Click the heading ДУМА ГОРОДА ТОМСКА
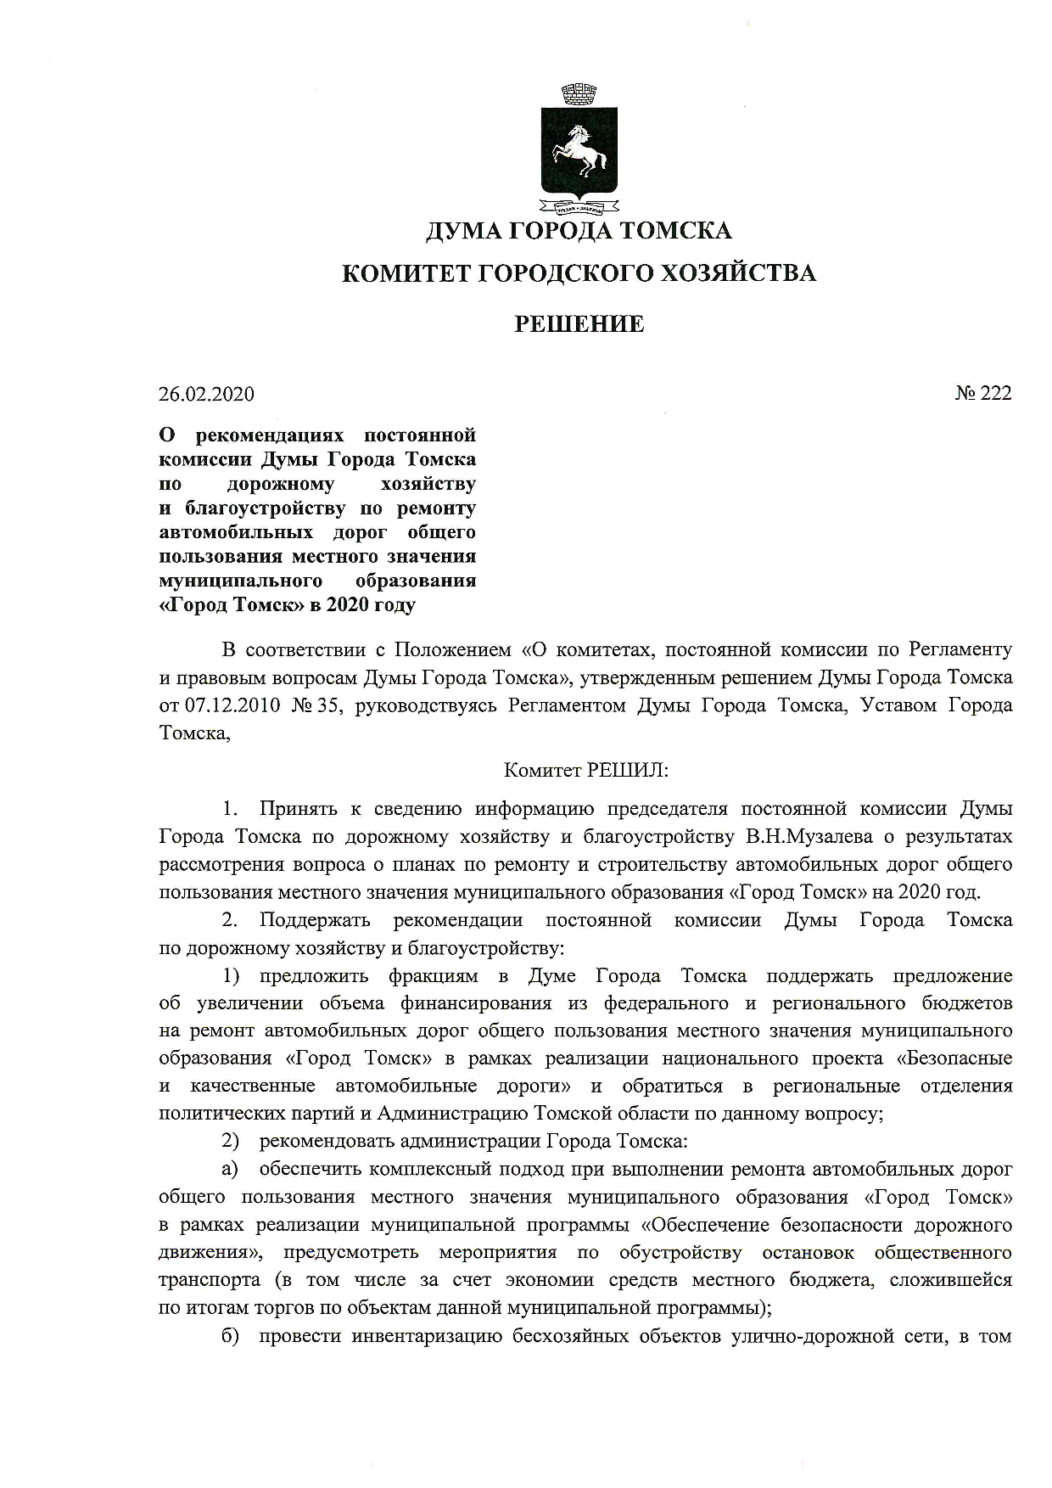[x=579, y=231]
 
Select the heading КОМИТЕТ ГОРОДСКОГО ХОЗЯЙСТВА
[x=579, y=273]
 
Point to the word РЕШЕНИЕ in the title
[x=579, y=323]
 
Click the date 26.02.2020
[x=206, y=394]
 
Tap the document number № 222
[x=983, y=393]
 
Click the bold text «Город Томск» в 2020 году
[x=288, y=605]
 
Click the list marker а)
[x=230, y=1169]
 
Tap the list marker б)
[x=231, y=1336]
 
